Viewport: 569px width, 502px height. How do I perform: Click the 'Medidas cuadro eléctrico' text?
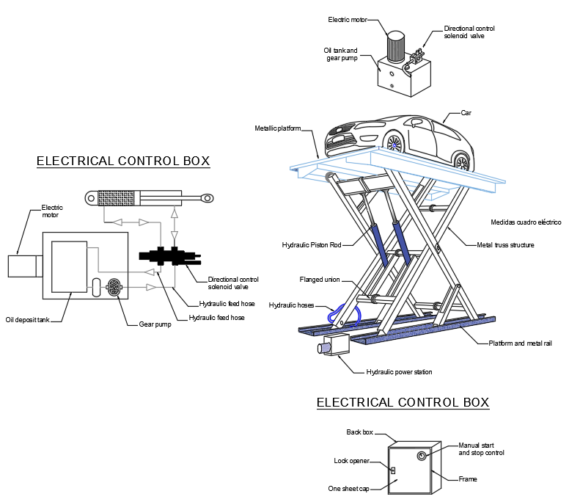coord(525,222)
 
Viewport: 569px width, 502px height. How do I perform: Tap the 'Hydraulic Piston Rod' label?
coord(312,244)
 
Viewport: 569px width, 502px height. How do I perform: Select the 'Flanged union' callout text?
coord(319,279)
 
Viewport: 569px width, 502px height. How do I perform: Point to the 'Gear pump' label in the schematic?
coord(155,324)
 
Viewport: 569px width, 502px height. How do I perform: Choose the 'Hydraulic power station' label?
coord(399,372)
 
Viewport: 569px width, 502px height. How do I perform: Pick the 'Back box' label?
coord(361,432)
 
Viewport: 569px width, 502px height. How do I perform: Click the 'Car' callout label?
coord(465,113)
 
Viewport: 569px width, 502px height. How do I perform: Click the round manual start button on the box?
coord(422,456)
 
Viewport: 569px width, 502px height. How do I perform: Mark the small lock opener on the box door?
coord(393,470)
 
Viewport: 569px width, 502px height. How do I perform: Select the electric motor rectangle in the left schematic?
coord(21,265)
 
